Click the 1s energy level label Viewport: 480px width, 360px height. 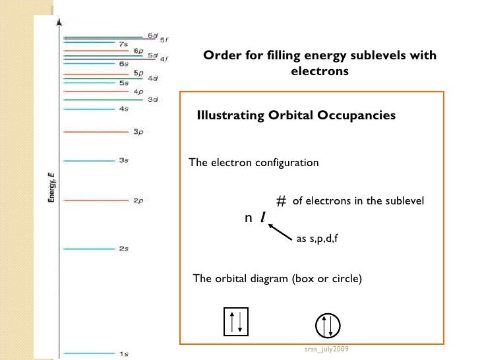[124, 353]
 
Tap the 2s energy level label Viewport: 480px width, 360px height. [123, 249]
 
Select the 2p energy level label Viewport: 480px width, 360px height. [138, 201]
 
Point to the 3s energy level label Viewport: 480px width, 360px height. [123, 160]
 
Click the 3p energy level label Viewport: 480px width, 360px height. [138, 132]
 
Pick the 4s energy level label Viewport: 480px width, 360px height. [123, 109]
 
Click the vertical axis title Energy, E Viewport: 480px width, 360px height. [52, 187]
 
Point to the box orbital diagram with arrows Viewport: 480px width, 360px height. [237, 321]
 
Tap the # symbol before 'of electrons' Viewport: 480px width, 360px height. [281, 202]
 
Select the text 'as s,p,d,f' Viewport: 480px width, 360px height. [317, 239]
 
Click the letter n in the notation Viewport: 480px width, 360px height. [248, 218]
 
